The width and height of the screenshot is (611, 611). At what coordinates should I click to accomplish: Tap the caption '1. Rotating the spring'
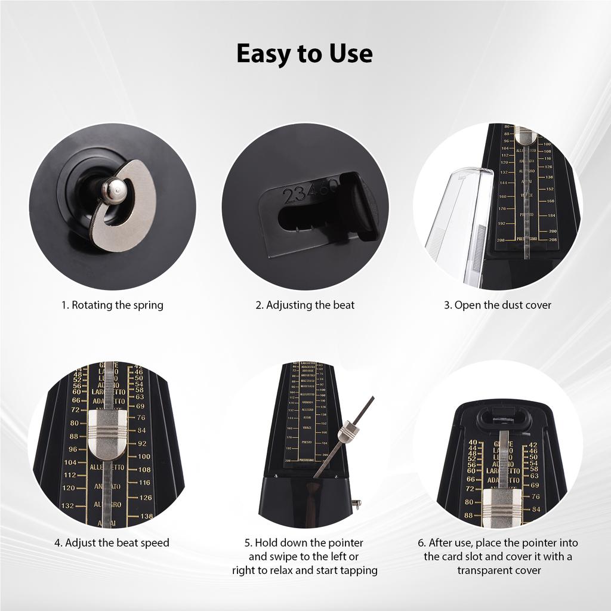pos(112,305)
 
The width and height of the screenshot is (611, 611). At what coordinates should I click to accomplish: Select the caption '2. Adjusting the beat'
pos(305,305)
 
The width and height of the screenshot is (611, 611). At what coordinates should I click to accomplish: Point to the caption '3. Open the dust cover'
pos(497,305)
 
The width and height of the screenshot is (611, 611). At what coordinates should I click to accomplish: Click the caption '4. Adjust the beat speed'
pos(112,542)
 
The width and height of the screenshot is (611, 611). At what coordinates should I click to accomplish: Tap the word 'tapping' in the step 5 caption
pos(358,570)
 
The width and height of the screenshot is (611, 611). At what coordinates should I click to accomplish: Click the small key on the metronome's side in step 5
pos(357,504)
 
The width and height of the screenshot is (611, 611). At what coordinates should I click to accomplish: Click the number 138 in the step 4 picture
pos(146,516)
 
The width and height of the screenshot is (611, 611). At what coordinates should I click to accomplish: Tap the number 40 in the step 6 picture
pos(473,443)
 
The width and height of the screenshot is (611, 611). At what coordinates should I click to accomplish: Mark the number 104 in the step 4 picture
pos(70,462)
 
